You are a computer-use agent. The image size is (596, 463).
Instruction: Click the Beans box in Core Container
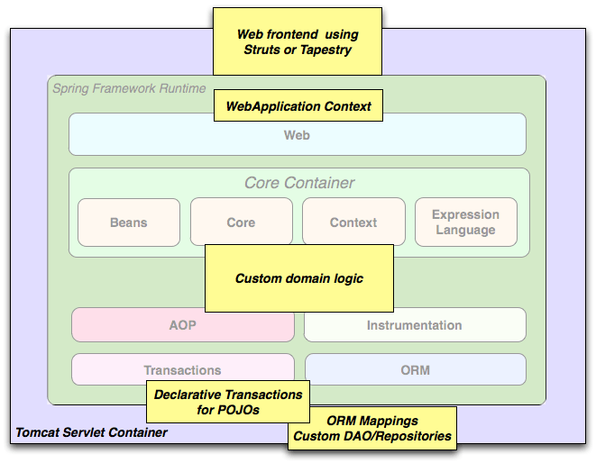pyautogui.click(x=129, y=222)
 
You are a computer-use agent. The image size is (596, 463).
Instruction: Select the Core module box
pyautogui.click(x=241, y=222)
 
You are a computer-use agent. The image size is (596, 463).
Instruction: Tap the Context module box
pyautogui.click(x=353, y=222)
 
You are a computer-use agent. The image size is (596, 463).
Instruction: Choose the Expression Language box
pyautogui.click(x=465, y=222)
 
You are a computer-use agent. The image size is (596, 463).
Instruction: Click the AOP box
pyautogui.click(x=182, y=325)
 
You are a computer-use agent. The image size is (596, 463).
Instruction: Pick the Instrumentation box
pyautogui.click(x=414, y=325)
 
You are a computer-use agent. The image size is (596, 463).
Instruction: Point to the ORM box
pyautogui.click(x=415, y=369)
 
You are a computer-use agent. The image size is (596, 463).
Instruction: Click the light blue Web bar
pyautogui.click(x=297, y=135)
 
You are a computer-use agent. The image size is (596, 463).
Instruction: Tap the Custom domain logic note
pyautogui.click(x=298, y=278)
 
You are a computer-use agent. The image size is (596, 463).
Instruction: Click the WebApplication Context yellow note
pyautogui.click(x=298, y=106)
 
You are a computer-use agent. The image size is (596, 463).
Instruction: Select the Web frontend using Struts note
pyautogui.click(x=298, y=41)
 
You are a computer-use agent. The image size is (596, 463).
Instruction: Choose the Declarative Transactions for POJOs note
pyautogui.click(x=228, y=402)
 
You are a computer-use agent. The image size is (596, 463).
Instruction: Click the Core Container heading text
pyautogui.click(x=299, y=183)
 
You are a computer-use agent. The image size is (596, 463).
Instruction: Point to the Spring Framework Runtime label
pyautogui.click(x=129, y=88)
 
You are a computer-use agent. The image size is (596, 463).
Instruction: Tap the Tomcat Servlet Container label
pyautogui.click(x=91, y=432)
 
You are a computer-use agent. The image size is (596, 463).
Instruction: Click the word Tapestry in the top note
pyautogui.click(x=323, y=50)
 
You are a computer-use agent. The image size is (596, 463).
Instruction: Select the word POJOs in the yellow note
pyautogui.click(x=243, y=410)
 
